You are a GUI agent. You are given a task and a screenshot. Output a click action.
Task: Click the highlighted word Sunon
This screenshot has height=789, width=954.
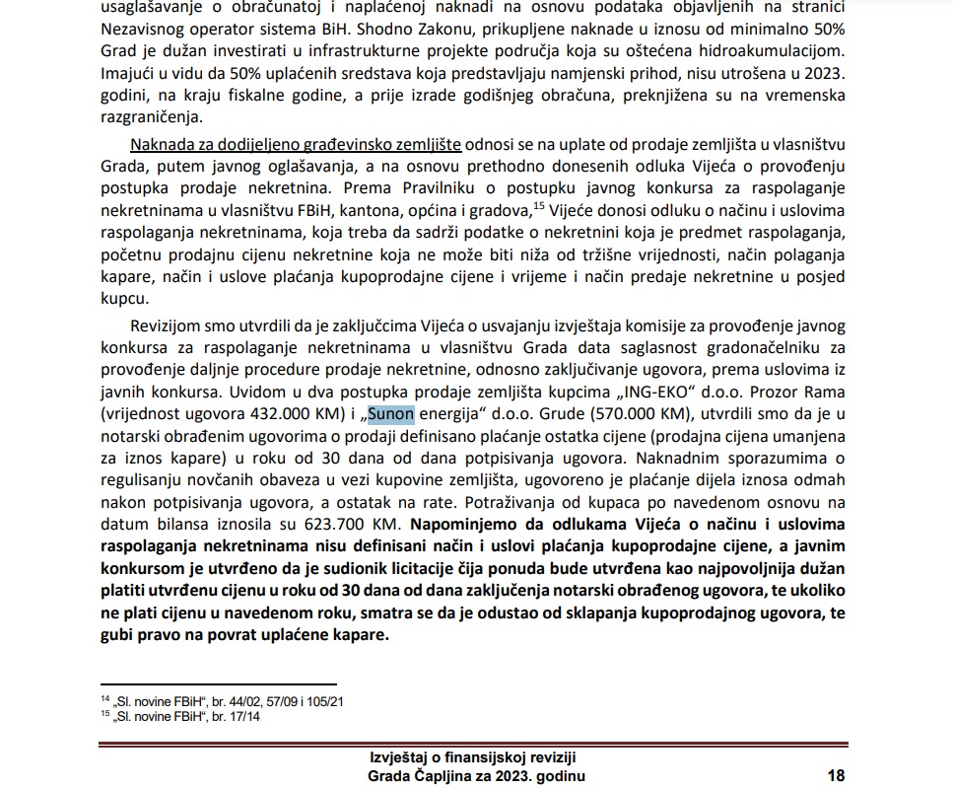(x=391, y=413)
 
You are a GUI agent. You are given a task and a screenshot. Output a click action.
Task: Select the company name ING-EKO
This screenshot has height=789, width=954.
(x=702, y=391)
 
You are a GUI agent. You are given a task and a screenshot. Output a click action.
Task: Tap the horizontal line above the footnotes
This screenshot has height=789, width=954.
(x=218, y=684)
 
